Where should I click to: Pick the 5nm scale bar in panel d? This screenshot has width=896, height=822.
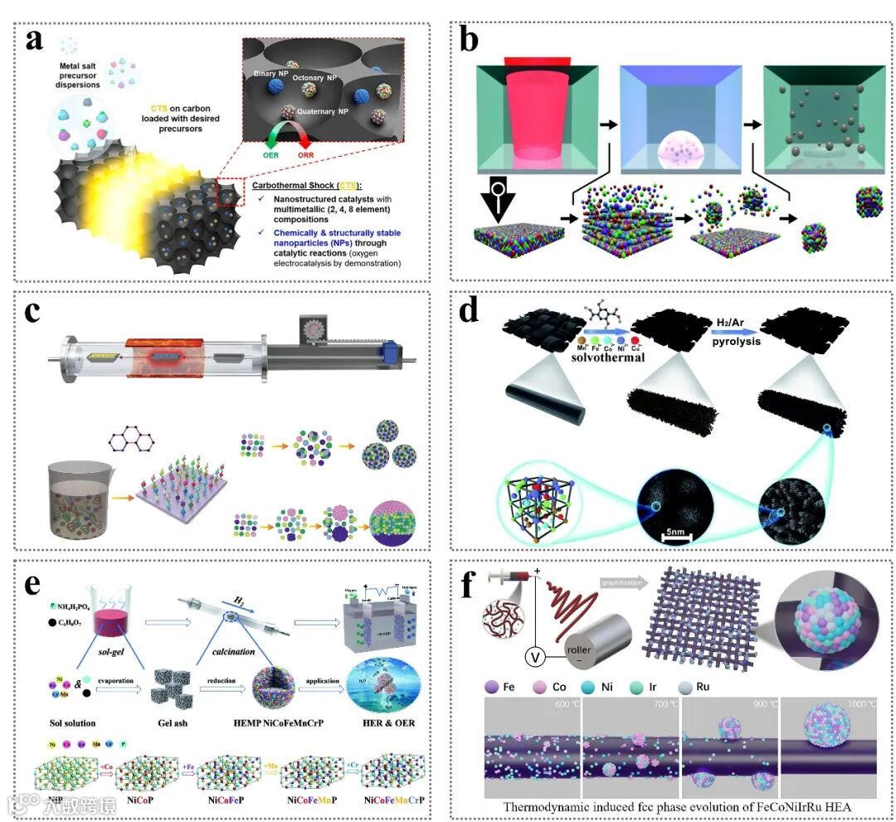point(675,538)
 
